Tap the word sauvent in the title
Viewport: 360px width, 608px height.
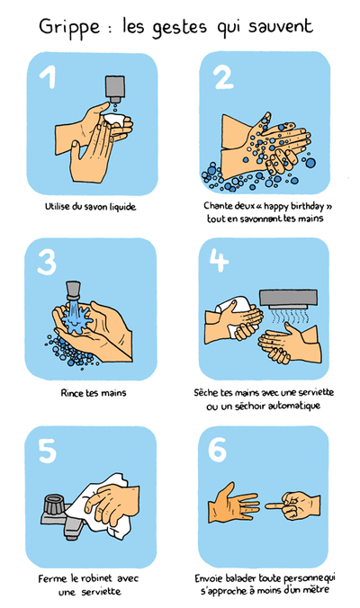280,27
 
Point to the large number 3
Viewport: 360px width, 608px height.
48,263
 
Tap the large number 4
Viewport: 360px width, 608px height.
220,263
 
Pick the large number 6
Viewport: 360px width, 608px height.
219,449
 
